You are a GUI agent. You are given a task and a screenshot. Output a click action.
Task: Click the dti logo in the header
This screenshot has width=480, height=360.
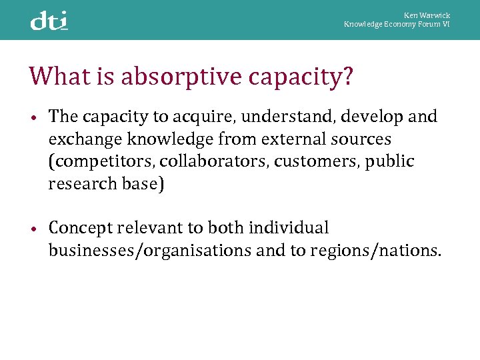point(49,21)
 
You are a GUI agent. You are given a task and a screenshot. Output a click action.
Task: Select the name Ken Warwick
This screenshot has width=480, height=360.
point(427,15)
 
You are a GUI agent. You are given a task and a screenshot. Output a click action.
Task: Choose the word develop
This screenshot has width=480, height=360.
point(379,117)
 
